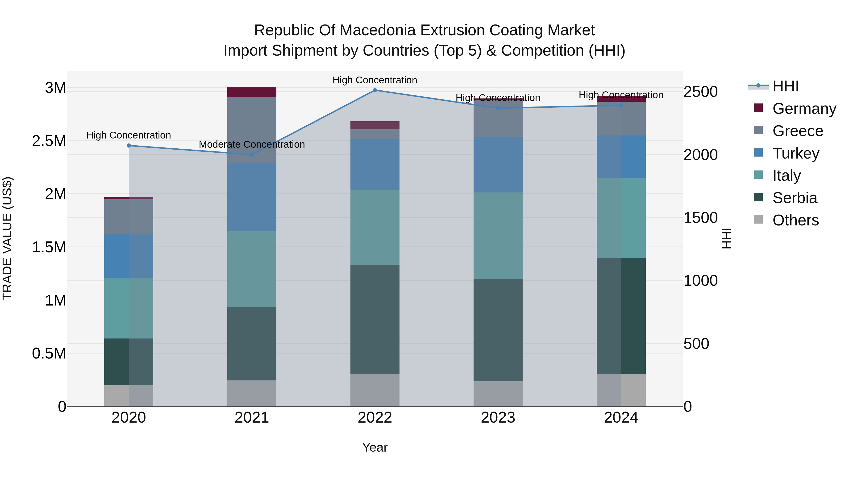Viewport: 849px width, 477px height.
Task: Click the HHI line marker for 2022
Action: coord(375,90)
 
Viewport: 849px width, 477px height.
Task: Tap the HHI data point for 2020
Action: coord(129,146)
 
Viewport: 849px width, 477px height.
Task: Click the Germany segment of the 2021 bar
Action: coord(252,92)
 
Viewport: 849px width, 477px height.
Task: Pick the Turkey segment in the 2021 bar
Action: coord(252,197)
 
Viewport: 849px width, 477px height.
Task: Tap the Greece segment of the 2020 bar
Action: coord(129,217)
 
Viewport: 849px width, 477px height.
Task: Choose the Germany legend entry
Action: coord(804,109)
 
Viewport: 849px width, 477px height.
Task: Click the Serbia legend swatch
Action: coord(758,198)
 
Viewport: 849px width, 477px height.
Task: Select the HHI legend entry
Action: coord(785,86)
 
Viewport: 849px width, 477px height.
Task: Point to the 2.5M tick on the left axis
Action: coord(49,141)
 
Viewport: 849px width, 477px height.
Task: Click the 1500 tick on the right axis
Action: coord(700,218)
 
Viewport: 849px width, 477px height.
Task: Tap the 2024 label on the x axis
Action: coord(621,418)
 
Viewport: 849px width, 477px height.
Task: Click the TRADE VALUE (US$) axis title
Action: coord(7,238)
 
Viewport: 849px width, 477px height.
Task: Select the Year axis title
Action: coord(375,447)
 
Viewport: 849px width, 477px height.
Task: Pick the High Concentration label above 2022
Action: coord(375,80)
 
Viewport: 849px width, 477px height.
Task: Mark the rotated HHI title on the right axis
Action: coord(726,238)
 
